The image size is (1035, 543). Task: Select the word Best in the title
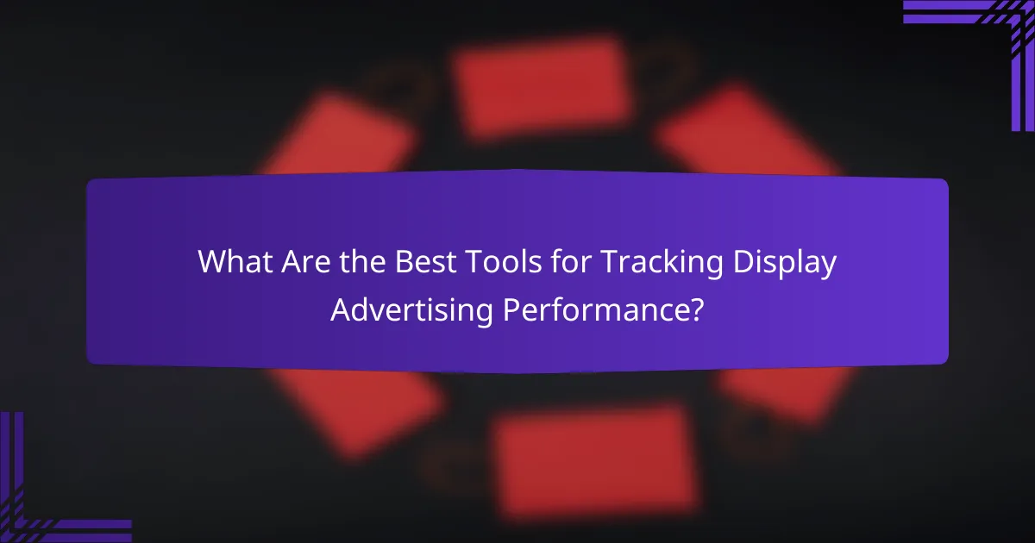point(417,263)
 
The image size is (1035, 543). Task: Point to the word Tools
point(490,263)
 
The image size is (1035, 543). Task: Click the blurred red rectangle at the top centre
point(542,86)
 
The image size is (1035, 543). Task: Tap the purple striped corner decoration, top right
point(992,43)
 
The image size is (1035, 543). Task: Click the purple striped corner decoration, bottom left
point(43,500)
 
